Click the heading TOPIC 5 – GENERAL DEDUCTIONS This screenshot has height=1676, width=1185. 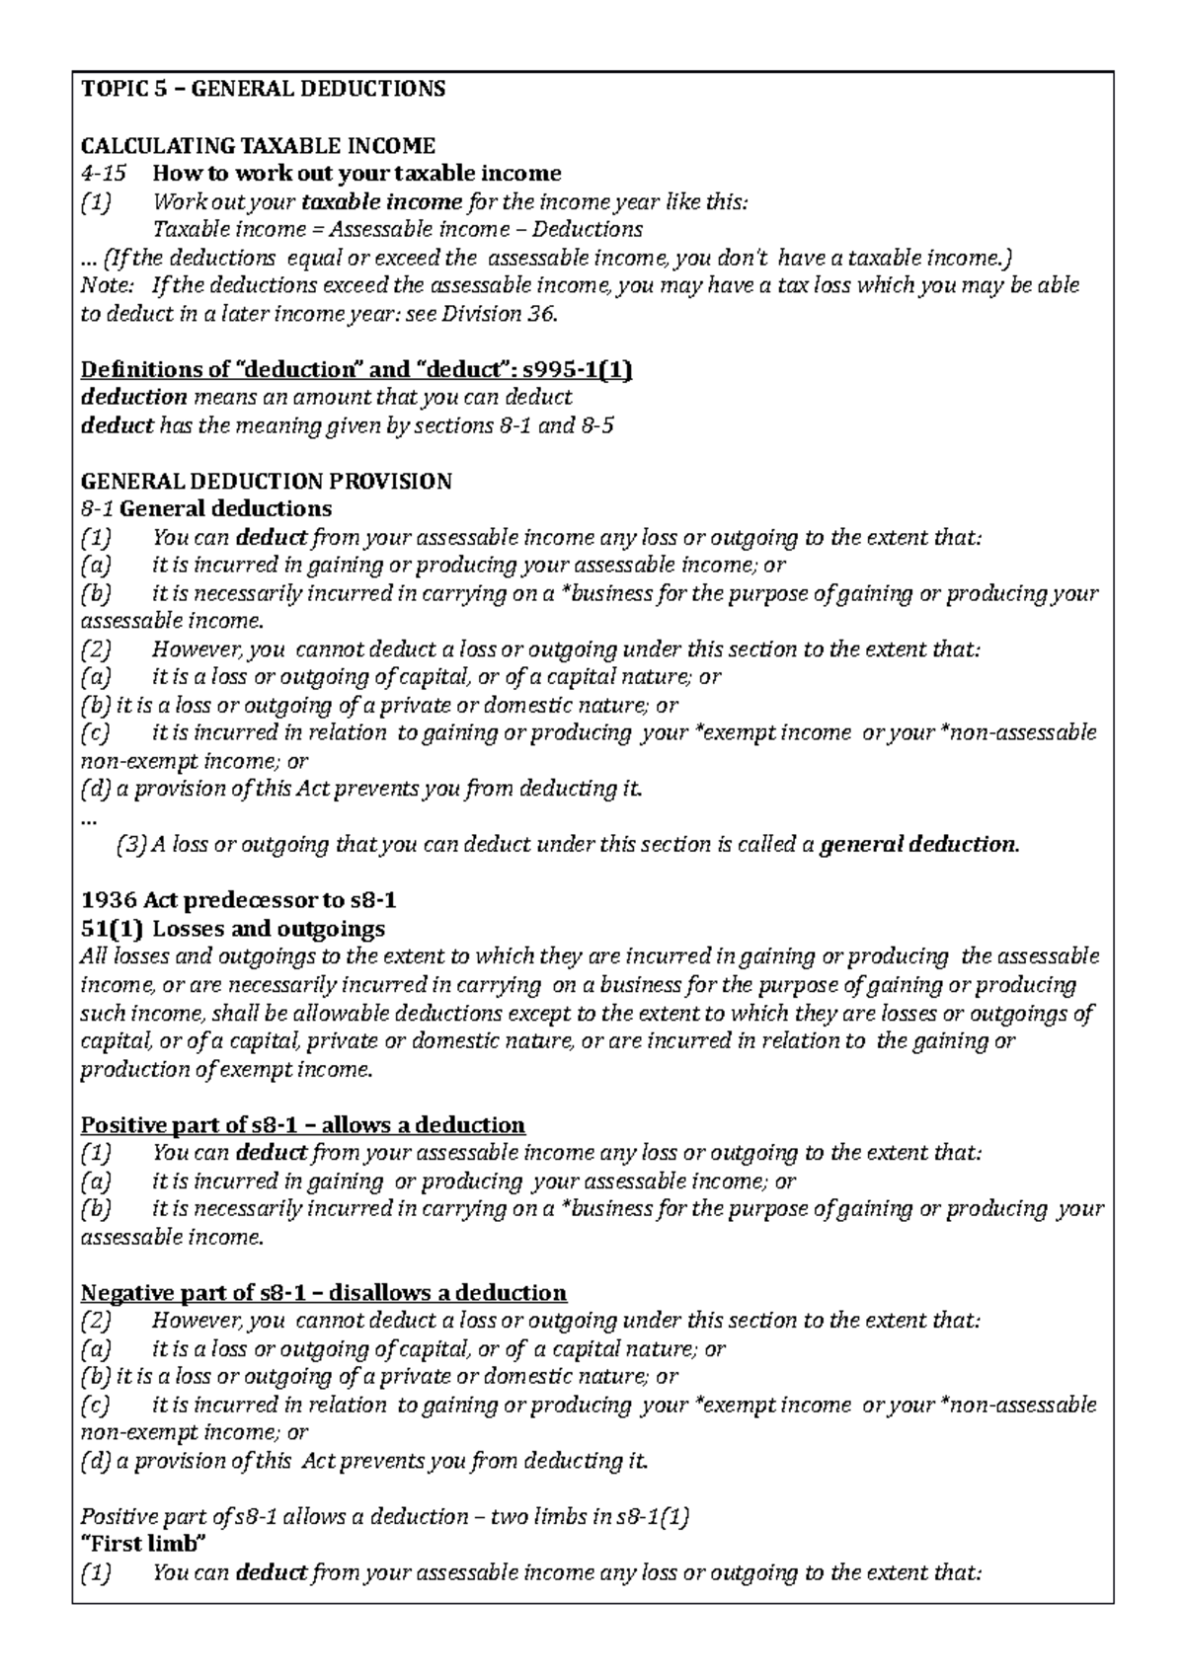(x=263, y=90)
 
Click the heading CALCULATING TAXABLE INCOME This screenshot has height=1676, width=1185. (x=258, y=146)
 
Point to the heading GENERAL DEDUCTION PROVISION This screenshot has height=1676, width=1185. (x=266, y=482)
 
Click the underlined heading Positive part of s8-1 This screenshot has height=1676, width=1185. (x=302, y=1125)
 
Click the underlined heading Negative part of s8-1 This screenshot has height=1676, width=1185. (x=323, y=1293)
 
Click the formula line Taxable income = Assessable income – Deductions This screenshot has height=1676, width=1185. (x=397, y=230)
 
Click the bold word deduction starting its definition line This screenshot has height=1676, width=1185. (x=133, y=398)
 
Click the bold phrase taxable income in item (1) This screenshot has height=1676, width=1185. (x=381, y=202)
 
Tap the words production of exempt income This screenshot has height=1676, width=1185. (x=227, y=1069)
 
